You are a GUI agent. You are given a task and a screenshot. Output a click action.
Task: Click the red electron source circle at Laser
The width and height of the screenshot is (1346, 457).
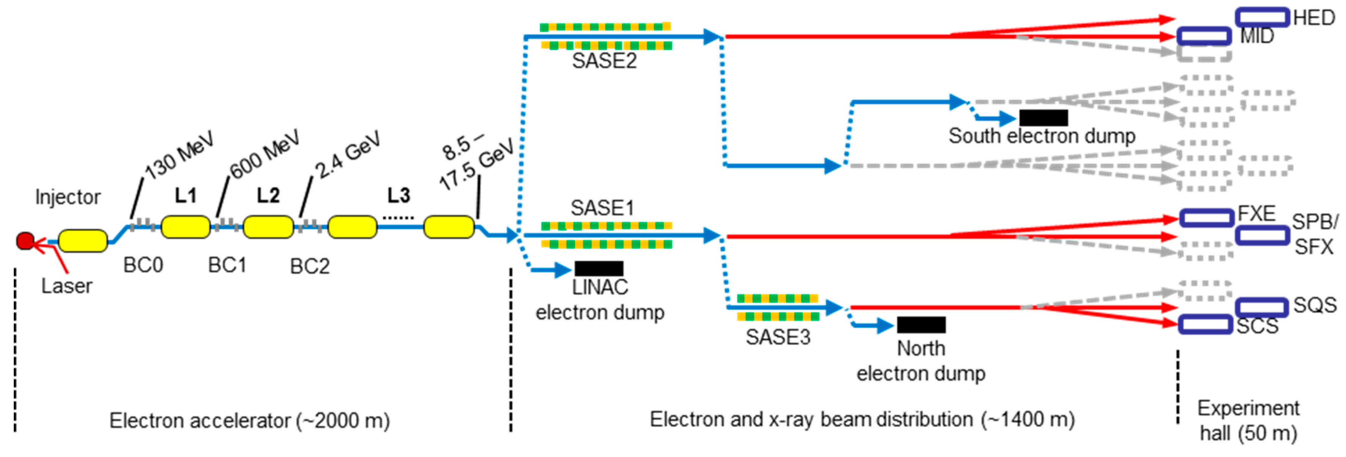tap(25, 241)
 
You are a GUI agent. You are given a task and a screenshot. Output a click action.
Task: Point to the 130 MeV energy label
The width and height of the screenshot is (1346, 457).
tap(179, 155)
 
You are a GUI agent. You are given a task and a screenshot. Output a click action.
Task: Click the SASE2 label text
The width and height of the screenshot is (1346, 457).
tap(604, 61)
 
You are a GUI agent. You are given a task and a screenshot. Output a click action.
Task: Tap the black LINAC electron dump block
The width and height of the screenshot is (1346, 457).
tap(599, 269)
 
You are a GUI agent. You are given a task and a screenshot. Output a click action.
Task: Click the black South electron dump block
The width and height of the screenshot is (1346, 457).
tap(1043, 118)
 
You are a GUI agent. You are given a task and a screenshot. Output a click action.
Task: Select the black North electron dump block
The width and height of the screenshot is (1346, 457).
tap(921, 325)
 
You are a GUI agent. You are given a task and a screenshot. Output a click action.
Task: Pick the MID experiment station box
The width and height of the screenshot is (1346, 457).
tap(1204, 36)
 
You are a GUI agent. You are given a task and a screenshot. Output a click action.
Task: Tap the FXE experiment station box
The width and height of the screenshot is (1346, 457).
tap(1206, 217)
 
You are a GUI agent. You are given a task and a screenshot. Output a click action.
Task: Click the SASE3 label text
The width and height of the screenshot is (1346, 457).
tap(778, 337)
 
